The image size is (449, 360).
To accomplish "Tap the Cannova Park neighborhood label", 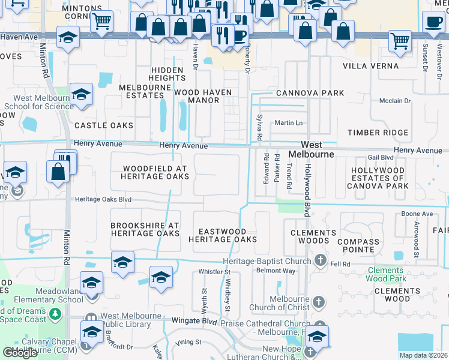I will click(x=310, y=93).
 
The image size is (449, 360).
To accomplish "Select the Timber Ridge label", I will click(x=378, y=133).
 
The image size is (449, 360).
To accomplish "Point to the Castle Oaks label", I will click(x=103, y=125).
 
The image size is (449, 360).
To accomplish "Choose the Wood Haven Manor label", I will click(x=196, y=97).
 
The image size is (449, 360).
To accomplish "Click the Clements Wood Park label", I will click(x=386, y=274).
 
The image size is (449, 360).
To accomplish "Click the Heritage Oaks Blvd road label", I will click(x=103, y=199).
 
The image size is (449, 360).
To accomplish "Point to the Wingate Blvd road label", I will click(x=193, y=321).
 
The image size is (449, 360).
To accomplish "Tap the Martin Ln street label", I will click(x=288, y=122).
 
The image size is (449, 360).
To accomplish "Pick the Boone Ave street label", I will click(x=417, y=214).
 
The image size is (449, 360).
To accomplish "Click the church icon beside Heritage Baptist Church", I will click(x=321, y=260).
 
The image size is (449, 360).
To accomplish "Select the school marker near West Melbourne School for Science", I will click(x=81, y=94).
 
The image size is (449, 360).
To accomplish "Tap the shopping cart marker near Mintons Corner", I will click(x=102, y=22).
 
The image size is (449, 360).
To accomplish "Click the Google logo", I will click(x=20, y=353).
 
